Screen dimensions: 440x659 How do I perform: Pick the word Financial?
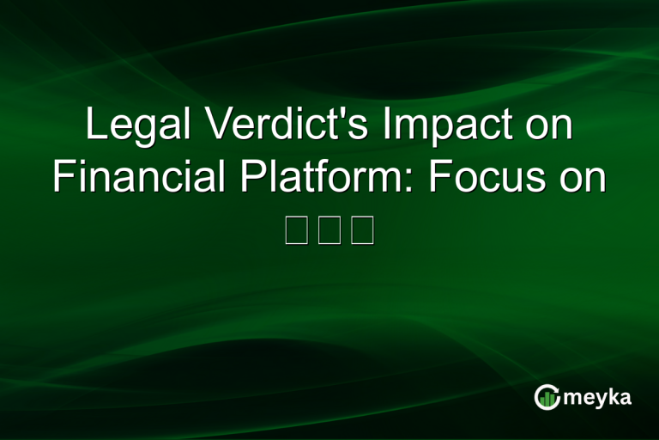pos(137,178)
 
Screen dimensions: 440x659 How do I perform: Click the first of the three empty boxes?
pos(296,231)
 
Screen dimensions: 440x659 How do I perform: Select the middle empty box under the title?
pos(329,231)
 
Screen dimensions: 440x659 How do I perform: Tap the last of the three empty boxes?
pos(362,231)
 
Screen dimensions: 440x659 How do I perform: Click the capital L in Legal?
pos(94,126)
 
